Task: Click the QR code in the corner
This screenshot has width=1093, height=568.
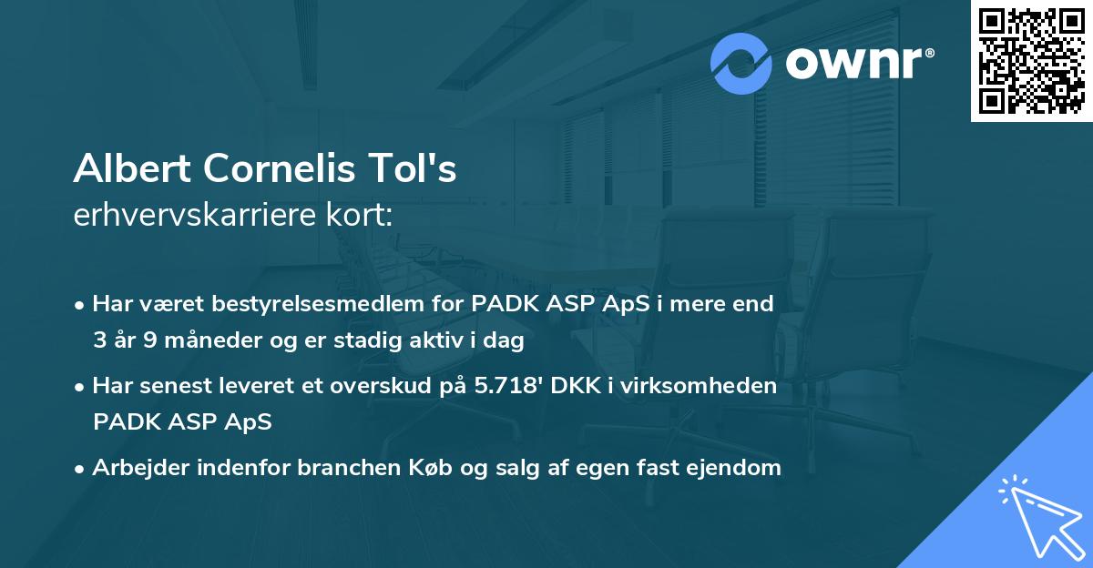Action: (1031, 61)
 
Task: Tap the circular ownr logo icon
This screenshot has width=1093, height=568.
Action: (741, 63)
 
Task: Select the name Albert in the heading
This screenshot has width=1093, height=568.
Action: (134, 170)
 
